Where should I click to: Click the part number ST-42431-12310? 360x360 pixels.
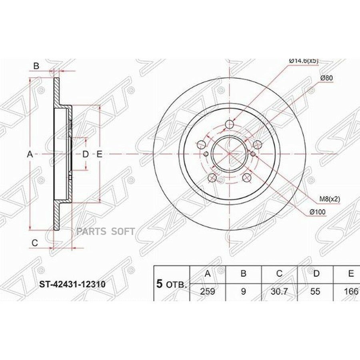[72, 284]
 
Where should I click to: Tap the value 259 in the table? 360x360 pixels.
[208, 291]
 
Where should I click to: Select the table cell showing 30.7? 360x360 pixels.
[279, 291]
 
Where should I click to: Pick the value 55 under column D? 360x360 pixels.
[315, 291]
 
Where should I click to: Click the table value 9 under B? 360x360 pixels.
[243, 291]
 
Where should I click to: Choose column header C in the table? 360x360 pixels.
[279, 274]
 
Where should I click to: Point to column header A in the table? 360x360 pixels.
[208, 274]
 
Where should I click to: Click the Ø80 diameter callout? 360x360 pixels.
[326, 78]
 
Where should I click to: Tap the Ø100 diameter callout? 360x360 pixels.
[318, 212]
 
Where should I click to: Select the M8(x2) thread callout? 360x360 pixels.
[330, 199]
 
